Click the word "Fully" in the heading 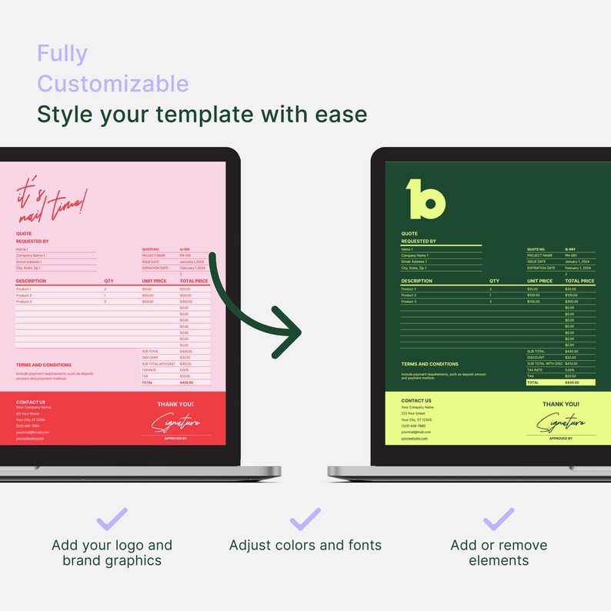(x=62, y=54)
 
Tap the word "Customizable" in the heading (x=112, y=83)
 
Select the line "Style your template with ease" (x=202, y=115)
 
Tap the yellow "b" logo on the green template (x=426, y=199)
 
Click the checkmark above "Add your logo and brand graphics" (x=112, y=519)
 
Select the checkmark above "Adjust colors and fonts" (x=305, y=519)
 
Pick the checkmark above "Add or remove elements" (x=499, y=519)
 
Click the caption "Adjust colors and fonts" (x=305, y=546)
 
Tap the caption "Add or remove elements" (x=499, y=553)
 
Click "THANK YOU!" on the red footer (x=175, y=404)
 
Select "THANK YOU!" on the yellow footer (x=561, y=404)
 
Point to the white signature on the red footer (x=175, y=422)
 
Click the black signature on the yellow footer (x=561, y=422)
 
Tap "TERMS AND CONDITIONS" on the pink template (x=44, y=366)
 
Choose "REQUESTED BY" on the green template (x=419, y=242)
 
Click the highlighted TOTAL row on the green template (x=560, y=382)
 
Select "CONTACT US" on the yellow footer (x=416, y=401)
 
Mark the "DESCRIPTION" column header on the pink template (x=31, y=282)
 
